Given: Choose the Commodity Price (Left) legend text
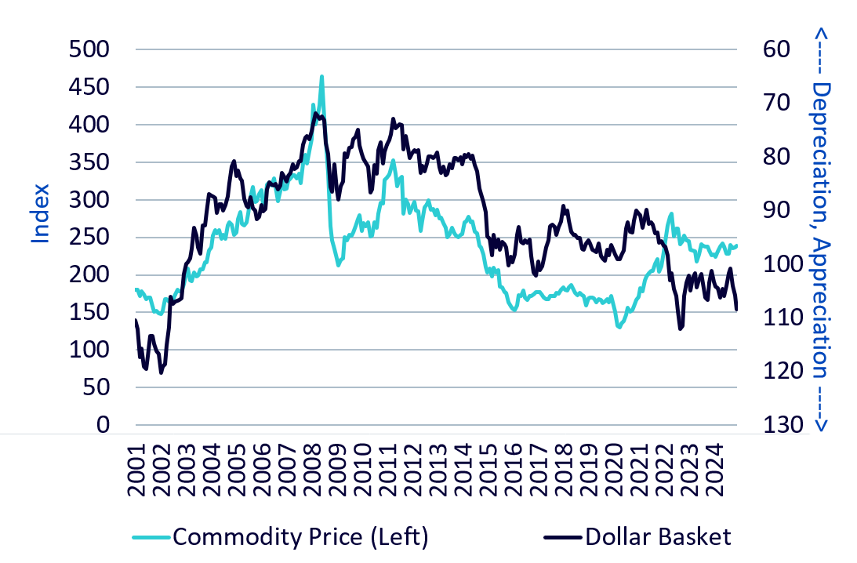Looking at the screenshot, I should (300, 537).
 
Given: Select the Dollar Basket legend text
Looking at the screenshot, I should (658, 537).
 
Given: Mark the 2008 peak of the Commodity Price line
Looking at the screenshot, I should (321, 77).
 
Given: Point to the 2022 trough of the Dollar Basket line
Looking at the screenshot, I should (680, 329).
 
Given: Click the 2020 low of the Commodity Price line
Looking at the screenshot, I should (619, 327).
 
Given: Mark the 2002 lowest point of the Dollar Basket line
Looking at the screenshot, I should (161, 372).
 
